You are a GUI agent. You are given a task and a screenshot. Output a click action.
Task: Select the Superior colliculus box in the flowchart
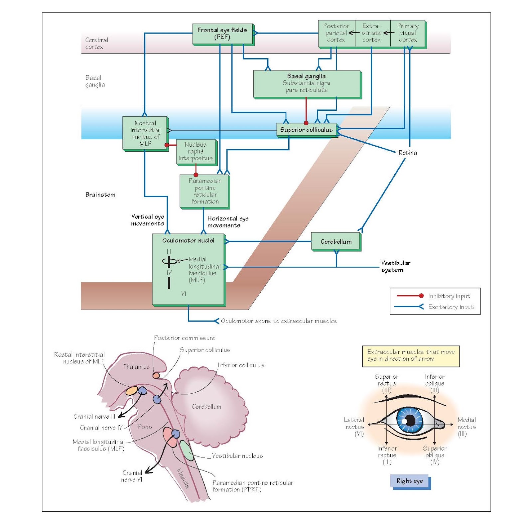click(306, 130)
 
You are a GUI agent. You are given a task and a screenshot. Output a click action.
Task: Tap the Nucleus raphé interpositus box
click(196, 152)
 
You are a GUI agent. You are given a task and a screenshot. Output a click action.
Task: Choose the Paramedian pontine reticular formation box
click(204, 191)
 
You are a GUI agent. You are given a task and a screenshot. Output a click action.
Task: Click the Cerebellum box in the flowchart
click(335, 242)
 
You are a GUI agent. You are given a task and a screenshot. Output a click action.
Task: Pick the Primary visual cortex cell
click(408, 33)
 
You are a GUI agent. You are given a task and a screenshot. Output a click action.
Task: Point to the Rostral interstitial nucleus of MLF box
click(145, 133)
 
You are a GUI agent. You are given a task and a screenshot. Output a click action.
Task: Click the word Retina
click(407, 153)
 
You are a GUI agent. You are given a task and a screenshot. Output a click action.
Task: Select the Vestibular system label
click(395, 266)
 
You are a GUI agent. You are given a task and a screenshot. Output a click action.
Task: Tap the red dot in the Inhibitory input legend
click(421, 296)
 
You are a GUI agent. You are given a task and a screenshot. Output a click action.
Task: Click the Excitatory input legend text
click(451, 307)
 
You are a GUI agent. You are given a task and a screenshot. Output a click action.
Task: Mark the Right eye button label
click(409, 481)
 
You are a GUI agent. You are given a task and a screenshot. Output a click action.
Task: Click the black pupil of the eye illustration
click(411, 421)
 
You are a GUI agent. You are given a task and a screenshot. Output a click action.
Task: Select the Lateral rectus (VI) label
click(354, 427)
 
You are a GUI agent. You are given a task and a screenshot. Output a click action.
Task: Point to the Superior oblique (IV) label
click(435, 455)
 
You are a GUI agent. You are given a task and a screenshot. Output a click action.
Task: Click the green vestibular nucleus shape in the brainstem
click(187, 451)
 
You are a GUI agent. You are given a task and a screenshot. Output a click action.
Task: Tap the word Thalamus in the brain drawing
click(136, 367)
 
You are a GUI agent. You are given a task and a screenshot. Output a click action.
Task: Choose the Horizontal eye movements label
click(228, 222)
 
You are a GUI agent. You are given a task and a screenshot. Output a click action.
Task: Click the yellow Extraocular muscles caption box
click(411, 356)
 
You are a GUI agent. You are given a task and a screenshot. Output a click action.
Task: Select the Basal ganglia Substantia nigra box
click(307, 84)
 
